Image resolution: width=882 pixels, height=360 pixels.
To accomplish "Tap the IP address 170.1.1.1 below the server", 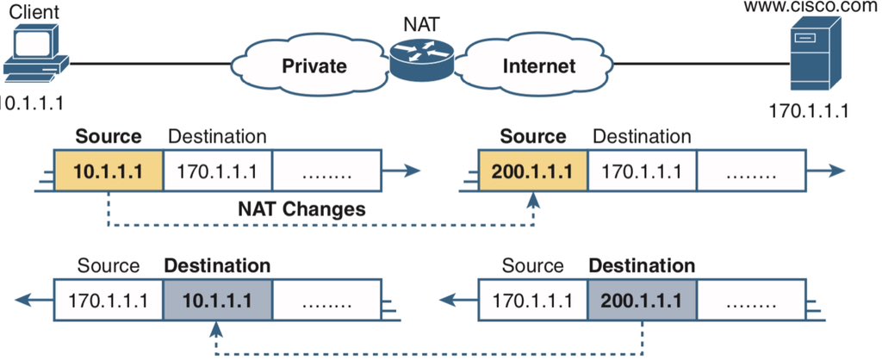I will pos(809,111).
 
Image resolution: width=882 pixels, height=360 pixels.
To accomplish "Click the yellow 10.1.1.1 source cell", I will pos(108,171).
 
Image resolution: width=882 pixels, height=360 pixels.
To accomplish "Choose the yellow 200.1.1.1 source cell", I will pos(532,171).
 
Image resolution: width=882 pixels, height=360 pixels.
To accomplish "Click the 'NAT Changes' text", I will pos(301,209).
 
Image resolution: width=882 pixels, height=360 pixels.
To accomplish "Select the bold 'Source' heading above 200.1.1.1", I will pos(532,136).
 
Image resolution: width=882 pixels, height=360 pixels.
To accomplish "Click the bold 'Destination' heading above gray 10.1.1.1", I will pos(216,265).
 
